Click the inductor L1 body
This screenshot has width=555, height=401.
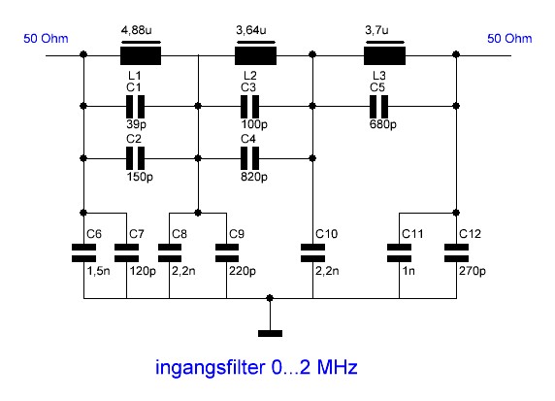[x=141, y=55]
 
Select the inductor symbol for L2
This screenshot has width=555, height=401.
[x=255, y=55]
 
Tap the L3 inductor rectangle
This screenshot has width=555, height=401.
[x=385, y=55]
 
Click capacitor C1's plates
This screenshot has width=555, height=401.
[x=136, y=106]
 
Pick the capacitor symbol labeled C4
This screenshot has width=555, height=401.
[x=250, y=158]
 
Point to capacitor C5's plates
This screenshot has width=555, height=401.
[x=378, y=106]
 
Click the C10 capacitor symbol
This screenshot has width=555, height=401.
[x=312, y=252]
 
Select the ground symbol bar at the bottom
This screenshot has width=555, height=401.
[x=270, y=333]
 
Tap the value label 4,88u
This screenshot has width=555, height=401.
[x=137, y=30]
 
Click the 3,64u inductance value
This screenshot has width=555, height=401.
[x=251, y=30]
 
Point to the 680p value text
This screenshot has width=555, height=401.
[x=383, y=124]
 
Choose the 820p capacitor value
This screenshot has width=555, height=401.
[x=254, y=177]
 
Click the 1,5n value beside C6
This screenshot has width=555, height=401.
[x=98, y=271]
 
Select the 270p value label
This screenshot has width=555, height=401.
[x=473, y=271]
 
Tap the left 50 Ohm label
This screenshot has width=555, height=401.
[x=46, y=39]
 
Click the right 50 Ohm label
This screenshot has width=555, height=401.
[x=509, y=39]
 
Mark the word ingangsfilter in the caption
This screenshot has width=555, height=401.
[x=211, y=368]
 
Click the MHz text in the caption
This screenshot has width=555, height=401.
[x=337, y=367]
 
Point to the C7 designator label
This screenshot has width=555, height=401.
[x=137, y=234]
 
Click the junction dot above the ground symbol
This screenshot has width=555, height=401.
[x=270, y=298]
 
